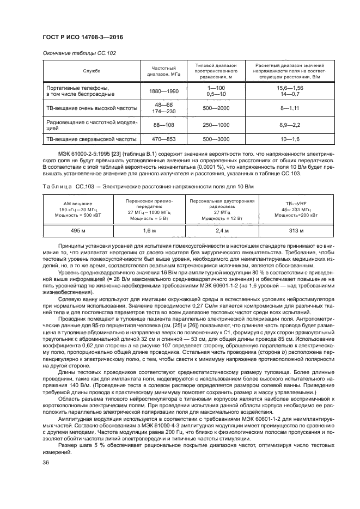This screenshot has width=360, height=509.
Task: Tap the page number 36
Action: click(x=45, y=463)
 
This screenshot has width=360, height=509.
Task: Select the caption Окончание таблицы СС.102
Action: click(x=78, y=53)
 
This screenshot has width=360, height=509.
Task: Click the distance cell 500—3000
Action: click(x=216, y=140)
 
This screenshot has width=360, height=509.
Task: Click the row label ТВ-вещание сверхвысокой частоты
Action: click(x=91, y=140)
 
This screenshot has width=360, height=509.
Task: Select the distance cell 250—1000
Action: click(x=216, y=126)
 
